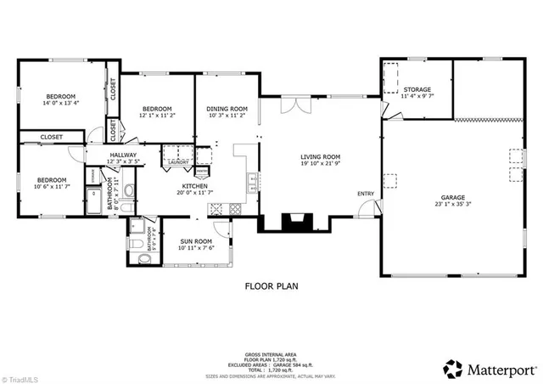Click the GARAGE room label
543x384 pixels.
tap(453, 196)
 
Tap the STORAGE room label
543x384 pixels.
tap(417, 89)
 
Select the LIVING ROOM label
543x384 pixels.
tap(320, 157)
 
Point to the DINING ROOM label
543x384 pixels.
tap(227, 109)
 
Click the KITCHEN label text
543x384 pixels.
tap(194, 185)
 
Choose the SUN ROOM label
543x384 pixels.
tap(196, 241)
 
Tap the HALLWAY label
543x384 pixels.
tap(123, 155)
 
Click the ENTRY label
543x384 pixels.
tap(365, 194)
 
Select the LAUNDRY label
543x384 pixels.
tap(177, 161)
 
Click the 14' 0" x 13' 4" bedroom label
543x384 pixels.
tap(60, 96)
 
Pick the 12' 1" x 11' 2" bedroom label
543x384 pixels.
tap(157, 109)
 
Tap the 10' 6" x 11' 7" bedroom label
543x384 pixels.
tap(51, 180)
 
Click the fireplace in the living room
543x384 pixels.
tap(294, 223)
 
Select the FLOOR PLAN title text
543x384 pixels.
tap(271, 286)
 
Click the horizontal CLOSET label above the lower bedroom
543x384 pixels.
tap(51, 136)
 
